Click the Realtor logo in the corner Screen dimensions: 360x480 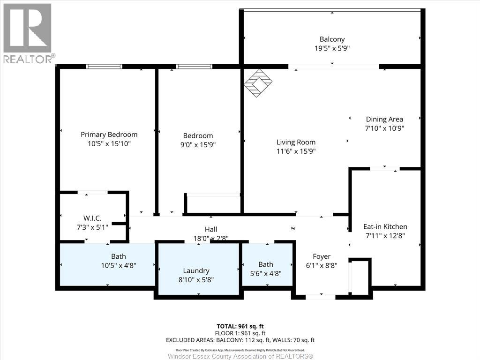click(x=27, y=33)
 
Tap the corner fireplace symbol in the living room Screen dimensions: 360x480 click(x=258, y=83)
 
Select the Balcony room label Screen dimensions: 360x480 click(x=332, y=39)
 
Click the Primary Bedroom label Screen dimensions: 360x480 click(x=109, y=135)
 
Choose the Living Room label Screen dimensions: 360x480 click(x=296, y=142)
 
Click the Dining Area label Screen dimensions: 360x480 click(x=384, y=119)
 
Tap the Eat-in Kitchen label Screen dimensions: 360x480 click(x=386, y=226)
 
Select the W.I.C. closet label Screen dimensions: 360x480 click(x=92, y=218)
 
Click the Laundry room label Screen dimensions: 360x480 click(x=196, y=270)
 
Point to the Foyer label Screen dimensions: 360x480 click(x=322, y=256)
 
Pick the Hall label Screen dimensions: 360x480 click(x=211, y=229)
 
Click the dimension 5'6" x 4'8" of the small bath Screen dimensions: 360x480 click(x=265, y=273)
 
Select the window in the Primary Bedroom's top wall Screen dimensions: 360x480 click(x=104, y=67)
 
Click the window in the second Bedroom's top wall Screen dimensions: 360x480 click(x=194, y=67)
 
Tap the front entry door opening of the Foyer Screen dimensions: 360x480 click(x=320, y=297)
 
